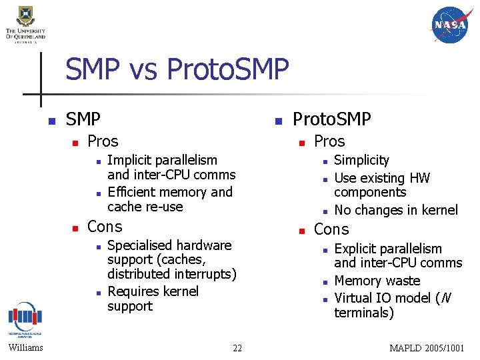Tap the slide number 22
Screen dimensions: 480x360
coord(237,347)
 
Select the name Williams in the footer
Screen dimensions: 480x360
coord(26,347)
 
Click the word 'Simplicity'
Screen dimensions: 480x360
coord(361,160)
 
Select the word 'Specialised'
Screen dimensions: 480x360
coord(137,245)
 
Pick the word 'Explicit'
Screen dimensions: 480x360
coord(357,249)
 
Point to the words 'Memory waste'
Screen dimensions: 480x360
coord(377,281)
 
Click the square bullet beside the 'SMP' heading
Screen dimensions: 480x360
coord(49,121)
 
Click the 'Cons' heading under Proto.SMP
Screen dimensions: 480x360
coord(331,229)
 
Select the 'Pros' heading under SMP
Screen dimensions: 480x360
coord(103,141)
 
